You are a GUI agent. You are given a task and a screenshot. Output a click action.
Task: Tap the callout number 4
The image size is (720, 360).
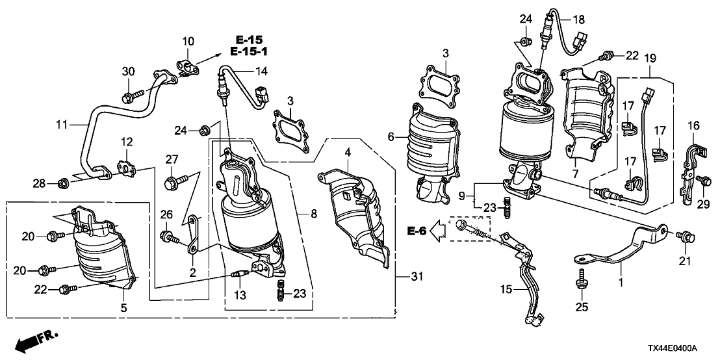pyautogui.click(x=348, y=153)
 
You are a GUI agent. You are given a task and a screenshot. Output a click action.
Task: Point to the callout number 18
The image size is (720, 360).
pyautogui.click(x=578, y=20)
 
